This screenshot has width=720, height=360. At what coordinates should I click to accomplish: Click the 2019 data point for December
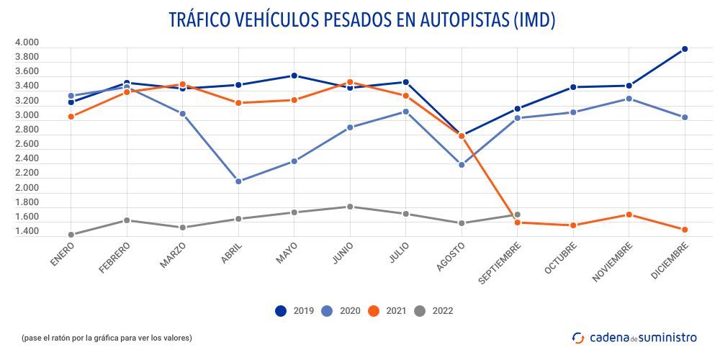tap(685, 49)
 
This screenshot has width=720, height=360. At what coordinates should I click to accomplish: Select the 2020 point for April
tap(238, 181)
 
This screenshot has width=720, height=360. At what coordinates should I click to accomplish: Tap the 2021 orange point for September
tap(517, 222)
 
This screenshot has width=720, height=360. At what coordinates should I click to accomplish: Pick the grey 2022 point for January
tap(71, 235)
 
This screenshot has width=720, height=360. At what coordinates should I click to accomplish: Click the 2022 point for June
tap(350, 207)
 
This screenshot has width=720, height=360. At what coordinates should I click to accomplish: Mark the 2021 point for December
tap(685, 230)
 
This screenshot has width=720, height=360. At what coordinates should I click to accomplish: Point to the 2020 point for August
tap(462, 165)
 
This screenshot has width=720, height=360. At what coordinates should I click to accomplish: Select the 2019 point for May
tap(294, 76)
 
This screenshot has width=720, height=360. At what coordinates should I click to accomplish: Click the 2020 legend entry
tap(340, 311)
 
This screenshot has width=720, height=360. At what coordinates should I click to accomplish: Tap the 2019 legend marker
tap(282, 311)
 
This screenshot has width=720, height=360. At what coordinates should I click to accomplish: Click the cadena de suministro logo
tap(634, 337)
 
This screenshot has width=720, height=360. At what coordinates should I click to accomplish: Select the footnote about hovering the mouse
tap(107, 338)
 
